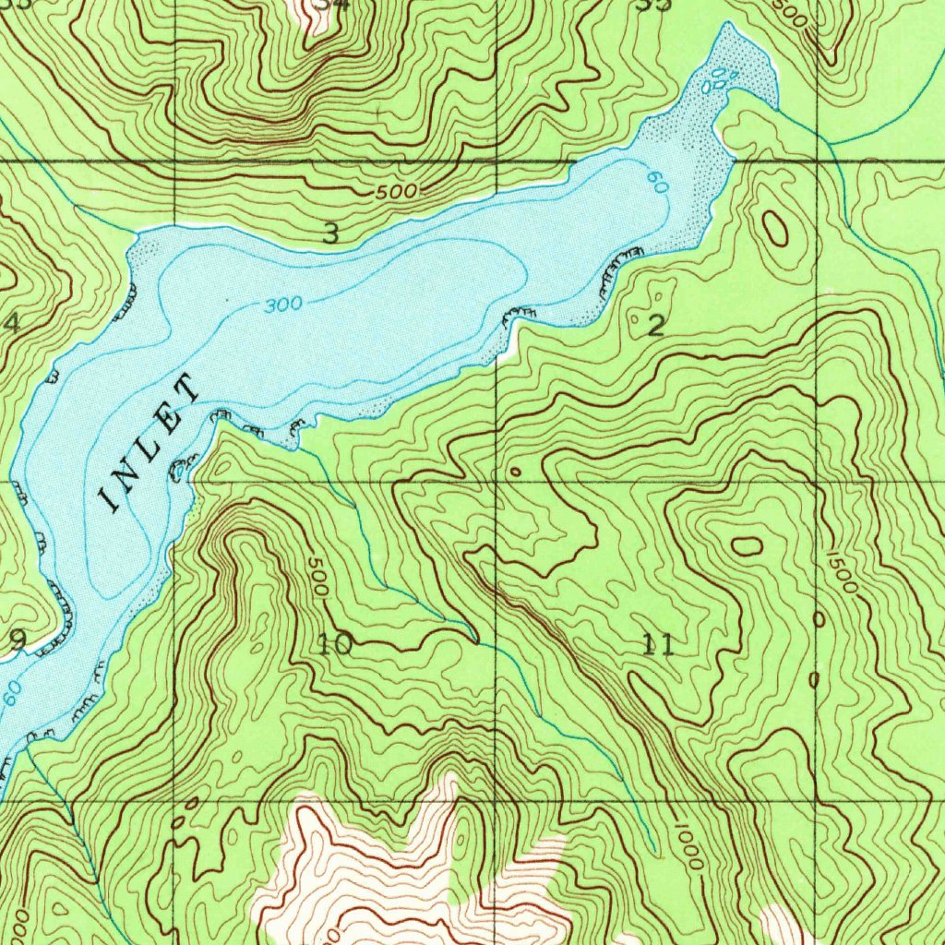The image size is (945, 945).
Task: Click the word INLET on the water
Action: click(x=150, y=443)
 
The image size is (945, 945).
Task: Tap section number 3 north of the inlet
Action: click(x=330, y=234)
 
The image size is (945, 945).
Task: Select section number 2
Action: click(x=656, y=325)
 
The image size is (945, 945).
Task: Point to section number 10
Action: click(x=334, y=644)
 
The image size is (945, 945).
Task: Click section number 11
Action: click(x=659, y=644)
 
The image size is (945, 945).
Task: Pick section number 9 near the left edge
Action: click(x=18, y=639)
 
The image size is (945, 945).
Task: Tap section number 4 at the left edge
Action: click(x=11, y=324)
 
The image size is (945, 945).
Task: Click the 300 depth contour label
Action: click(x=282, y=305)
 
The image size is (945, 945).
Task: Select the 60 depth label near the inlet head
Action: click(x=657, y=183)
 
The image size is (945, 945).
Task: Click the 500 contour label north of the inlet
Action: click(x=397, y=192)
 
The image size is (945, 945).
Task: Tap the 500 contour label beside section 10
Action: click(x=317, y=579)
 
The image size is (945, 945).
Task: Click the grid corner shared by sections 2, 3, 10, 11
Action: click(x=497, y=483)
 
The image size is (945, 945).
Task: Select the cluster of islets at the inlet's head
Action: click(x=720, y=81)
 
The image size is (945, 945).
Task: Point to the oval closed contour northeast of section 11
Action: click(x=747, y=545)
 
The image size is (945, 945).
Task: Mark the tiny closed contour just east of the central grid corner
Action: click(x=515, y=472)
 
